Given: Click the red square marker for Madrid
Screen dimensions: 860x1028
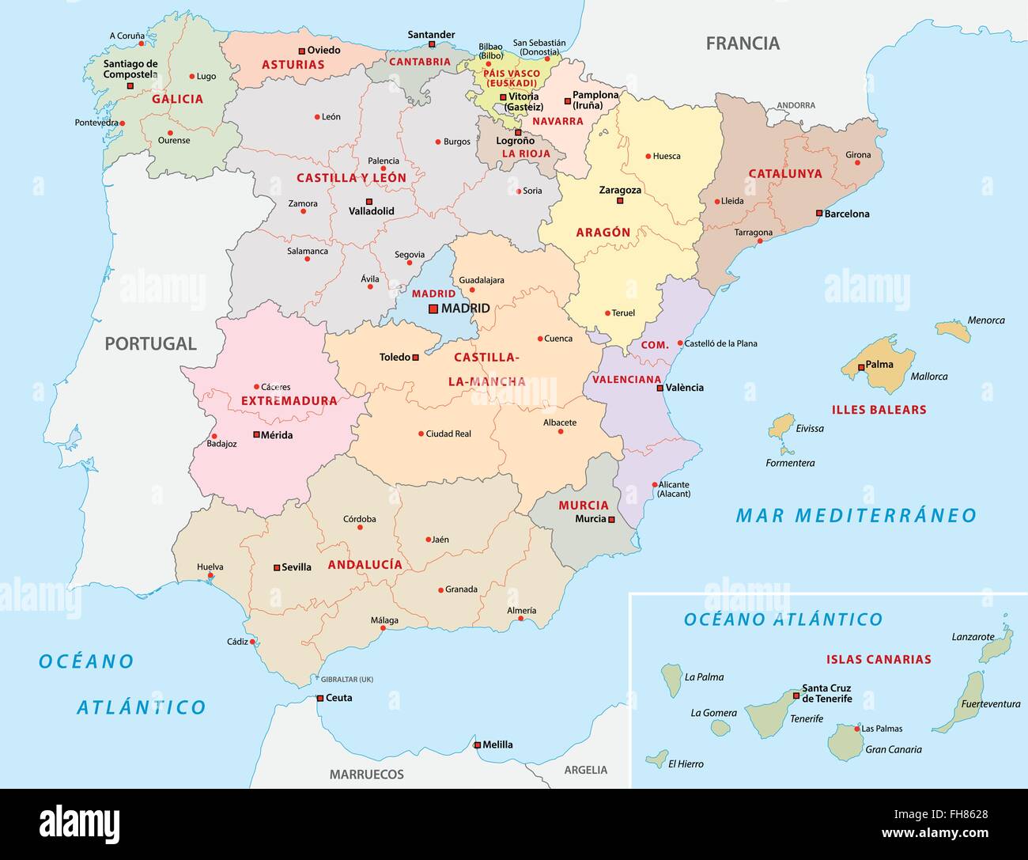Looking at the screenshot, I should tap(433, 309).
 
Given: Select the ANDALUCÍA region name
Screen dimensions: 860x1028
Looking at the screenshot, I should tap(365, 564).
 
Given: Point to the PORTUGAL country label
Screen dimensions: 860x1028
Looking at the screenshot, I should tap(150, 343).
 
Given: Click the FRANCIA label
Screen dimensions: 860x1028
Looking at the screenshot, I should tap(743, 44).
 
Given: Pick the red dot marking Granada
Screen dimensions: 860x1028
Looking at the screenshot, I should tap(440, 589).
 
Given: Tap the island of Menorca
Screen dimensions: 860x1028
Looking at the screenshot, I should tap(953, 330).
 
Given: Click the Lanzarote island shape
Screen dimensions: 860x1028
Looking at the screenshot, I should tap(996, 646).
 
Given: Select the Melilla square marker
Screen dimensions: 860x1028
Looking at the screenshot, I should tap(478, 744).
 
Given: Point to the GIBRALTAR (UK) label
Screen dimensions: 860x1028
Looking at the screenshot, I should tap(346, 680).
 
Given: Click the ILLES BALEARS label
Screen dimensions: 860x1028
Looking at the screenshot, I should tap(879, 410).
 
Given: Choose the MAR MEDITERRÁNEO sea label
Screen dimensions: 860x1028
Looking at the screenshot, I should tap(856, 516).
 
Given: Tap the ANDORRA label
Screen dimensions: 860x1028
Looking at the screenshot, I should tap(795, 105).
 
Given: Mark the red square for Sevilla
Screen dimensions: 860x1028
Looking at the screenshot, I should tap(277, 567).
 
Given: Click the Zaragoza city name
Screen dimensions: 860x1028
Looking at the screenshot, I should tap(620, 190).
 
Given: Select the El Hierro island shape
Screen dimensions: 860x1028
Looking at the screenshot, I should tap(655, 757).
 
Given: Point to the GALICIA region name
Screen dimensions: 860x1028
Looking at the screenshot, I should tap(177, 99).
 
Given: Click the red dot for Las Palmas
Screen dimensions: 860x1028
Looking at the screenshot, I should tap(856, 728).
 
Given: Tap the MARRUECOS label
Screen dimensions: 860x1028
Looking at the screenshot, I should tap(366, 774).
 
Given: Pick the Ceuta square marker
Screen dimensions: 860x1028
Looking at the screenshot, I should tap(320, 698).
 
